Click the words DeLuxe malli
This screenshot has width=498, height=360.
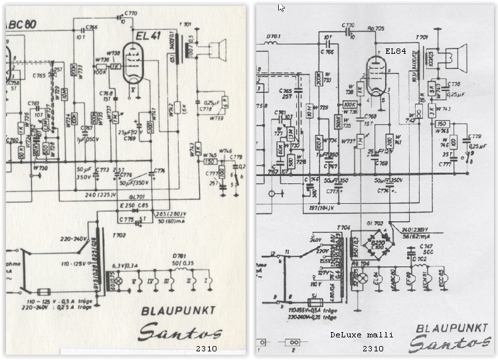tap(361, 335)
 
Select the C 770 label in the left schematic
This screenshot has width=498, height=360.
tap(131, 13)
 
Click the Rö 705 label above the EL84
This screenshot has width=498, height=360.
tap(376, 29)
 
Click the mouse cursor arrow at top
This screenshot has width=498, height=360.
tap(282, 7)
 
